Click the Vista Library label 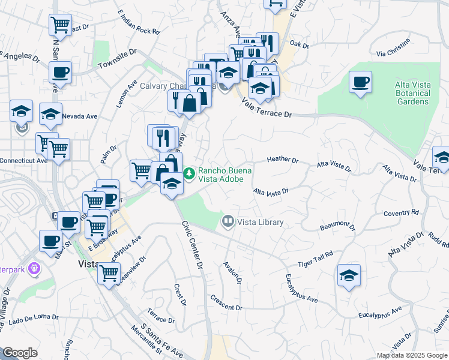click(x=260, y=222)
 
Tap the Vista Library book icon click(x=228, y=222)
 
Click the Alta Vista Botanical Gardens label click(x=413, y=93)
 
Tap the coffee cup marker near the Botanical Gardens click(x=360, y=83)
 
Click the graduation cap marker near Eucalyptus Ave click(x=349, y=276)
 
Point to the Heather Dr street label click(x=283, y=160)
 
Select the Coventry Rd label click(x=401, y=213)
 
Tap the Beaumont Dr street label click(x=338, y=226)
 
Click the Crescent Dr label click(x=226, y=303)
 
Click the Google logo click(x=20, y=353)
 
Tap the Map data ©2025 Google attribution click(x=412, y=355)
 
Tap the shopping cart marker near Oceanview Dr click(x=109, y=274)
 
